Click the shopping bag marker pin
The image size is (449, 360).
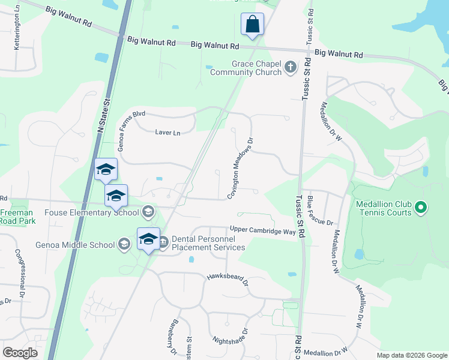pyautogui.click(x=253, y=25)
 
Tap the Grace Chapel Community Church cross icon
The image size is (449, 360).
pyautogui.click(x=291, y=67)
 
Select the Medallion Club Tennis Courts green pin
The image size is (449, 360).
pyautogui.click(x=421, y=208)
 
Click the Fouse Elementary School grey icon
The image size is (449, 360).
pyautogui.click(x=148, y=211)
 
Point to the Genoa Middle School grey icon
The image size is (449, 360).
pyautogui.click(x=124, y=244)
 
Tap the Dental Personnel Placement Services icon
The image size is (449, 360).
pyautogui.click(x=163, y=242)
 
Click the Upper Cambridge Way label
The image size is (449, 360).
pyautogui.click(x=263, y=230)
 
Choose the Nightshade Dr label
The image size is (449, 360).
pyautogui.click(x=231, y=336)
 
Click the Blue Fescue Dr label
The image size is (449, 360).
pyautogui.click(x=319, y=210)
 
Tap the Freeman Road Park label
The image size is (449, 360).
pyautogui.click(x=17, y=217)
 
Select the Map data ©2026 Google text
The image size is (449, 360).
pyautogui.click(x=411, y=355)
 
